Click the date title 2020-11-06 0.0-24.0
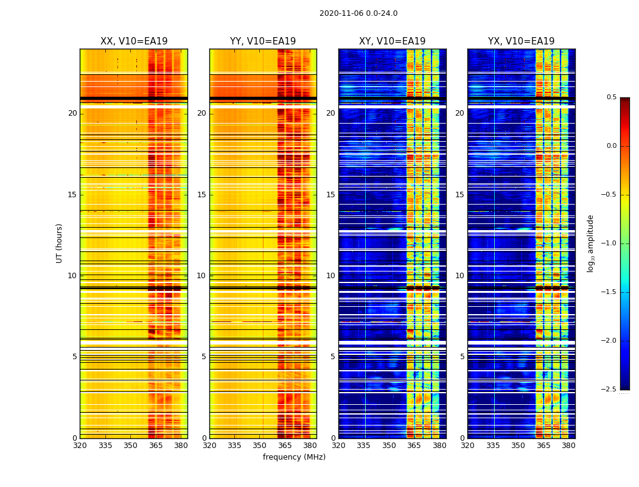point(358,13)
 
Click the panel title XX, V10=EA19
point(134,41)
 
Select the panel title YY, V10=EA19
point(263,41)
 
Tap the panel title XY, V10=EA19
point(392,41)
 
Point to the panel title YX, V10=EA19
point(521,41)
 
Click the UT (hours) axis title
point(60,243)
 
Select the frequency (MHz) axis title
point(294,457)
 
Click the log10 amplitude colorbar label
point(590,243)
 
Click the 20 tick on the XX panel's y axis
point(72,113)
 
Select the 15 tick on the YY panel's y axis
point(201,195)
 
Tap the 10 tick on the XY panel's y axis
point(330,276)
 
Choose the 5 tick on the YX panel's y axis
point(462,357)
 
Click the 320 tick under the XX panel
point(80,446)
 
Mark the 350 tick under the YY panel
point(260,446)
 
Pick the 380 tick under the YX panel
point(568,446)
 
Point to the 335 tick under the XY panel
point(364,446)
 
